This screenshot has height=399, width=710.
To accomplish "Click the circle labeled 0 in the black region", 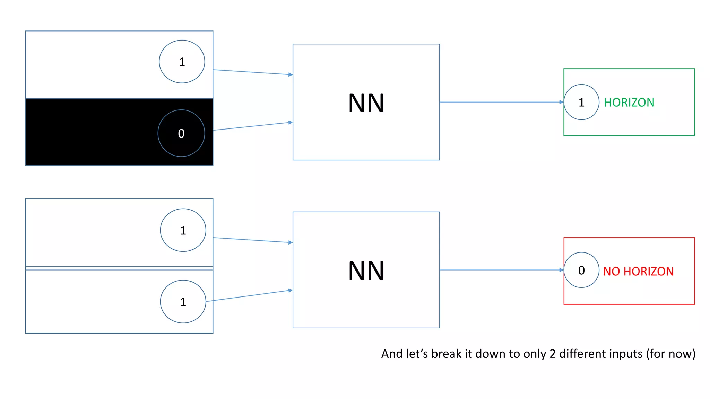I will [x=181, y=133].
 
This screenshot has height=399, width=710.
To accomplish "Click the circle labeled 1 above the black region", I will [x=182, y=62].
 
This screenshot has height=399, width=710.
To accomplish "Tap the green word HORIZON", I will [x=629, y=103].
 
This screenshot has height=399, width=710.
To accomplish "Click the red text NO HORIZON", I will [x=638, y=271].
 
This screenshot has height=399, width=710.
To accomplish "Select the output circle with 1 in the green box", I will [x=581, y=102].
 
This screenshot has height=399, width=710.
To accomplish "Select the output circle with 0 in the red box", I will [x=581, y=270].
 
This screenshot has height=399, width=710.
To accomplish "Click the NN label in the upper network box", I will [x=366, y=103].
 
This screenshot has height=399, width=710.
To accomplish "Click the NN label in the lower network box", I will [x=366, y=271].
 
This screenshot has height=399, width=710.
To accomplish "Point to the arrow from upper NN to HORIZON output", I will [x=501, y=102].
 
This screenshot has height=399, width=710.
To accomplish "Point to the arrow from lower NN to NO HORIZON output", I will [x=501, y=270].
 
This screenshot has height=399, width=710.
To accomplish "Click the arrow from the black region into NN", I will [x=253, y=126].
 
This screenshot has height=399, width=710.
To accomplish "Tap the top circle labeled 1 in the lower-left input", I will [x=183, y=230].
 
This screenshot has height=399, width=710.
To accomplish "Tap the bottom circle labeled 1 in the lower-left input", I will [x=183, y=302].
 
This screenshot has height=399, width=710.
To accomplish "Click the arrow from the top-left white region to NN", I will [x=253, y=72].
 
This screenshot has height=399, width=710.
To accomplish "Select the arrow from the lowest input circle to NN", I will [x=250, y=296].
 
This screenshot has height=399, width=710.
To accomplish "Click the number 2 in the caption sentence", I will [x=553, y=354].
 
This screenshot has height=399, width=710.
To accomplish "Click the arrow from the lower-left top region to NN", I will [x=253, y=240].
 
